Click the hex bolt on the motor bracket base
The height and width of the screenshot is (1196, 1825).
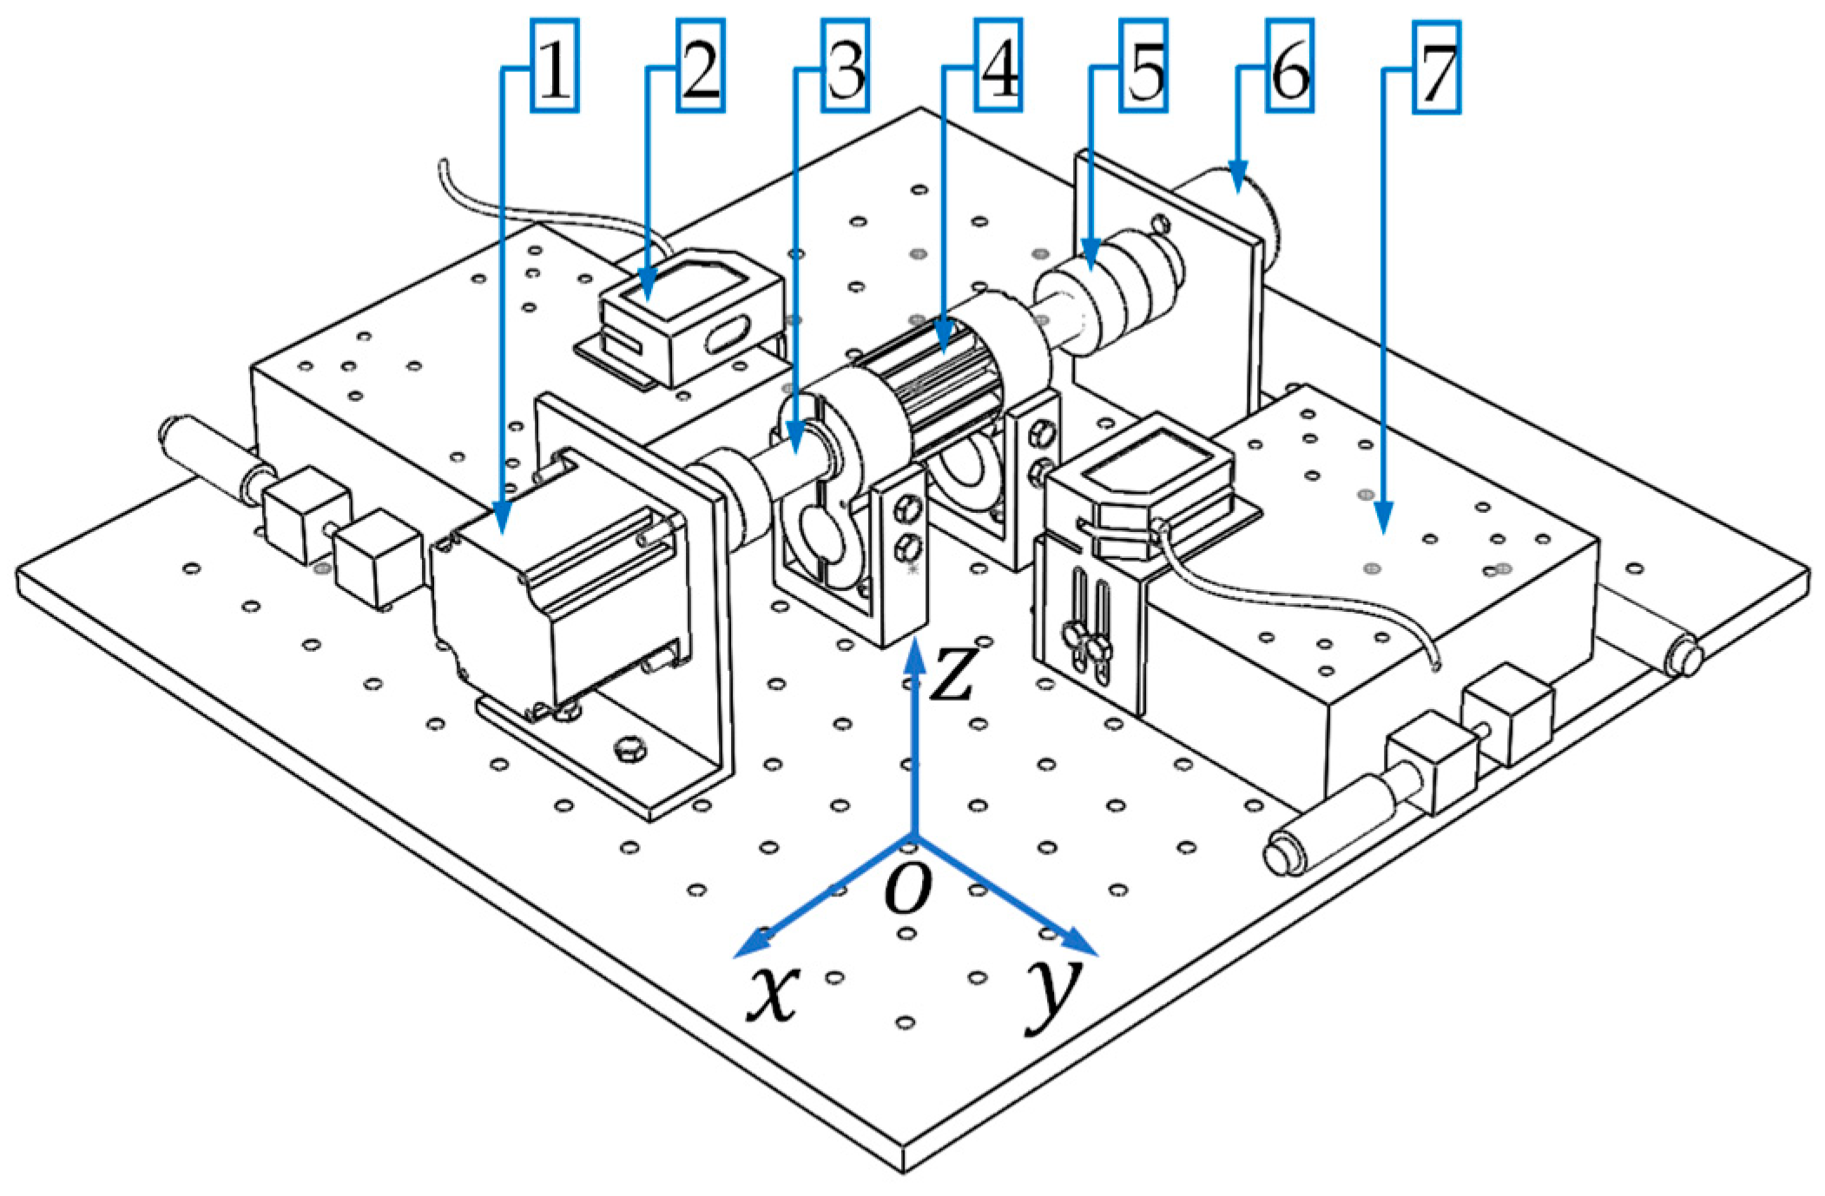click(x=627, y=748)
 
